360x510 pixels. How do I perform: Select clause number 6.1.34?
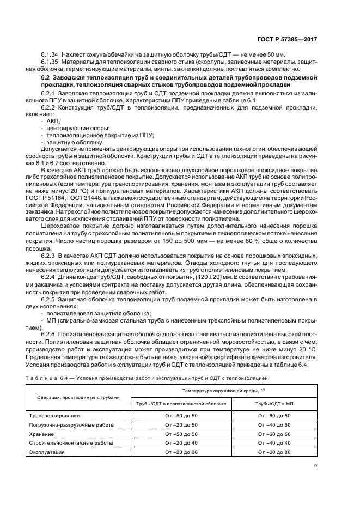click(50, 56)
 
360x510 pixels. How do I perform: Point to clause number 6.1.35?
click(50, 63)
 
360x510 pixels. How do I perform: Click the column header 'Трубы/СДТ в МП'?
click(274, 404)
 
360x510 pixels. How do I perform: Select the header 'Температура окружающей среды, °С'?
click(224, 391)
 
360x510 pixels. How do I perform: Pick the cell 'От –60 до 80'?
click(274, 452)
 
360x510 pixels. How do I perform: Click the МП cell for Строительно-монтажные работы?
click(274, 443)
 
